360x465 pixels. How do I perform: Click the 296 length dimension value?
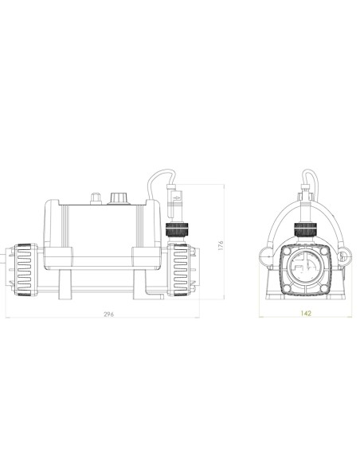tap(109, 315)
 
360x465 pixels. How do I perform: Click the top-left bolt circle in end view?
tap(284, 248)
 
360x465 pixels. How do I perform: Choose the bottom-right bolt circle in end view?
tap(325, 284)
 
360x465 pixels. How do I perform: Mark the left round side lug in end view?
tap(265, 256)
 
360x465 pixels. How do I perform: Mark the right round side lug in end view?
tap(345, 256)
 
